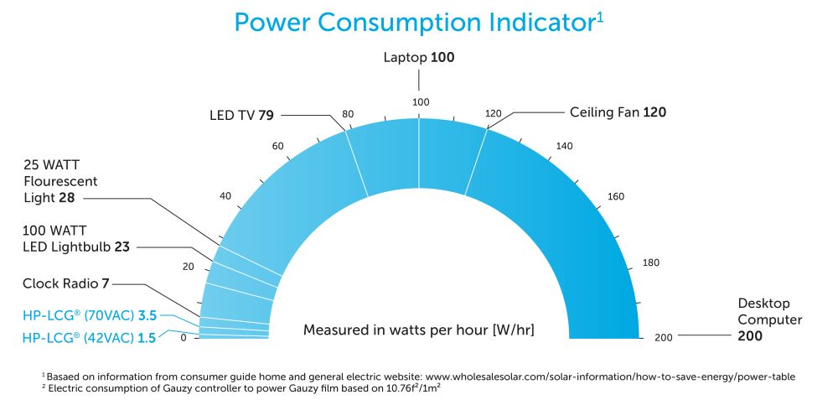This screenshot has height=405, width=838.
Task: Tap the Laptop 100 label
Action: [x=419, y=58]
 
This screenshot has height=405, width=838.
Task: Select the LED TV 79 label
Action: [x=241, y=115]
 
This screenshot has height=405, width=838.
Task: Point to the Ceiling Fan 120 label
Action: [x=618, y=112]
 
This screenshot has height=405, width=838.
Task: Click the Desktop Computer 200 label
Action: [x=769, y=319]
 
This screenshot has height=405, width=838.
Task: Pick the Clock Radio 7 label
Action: [x=66, y=283]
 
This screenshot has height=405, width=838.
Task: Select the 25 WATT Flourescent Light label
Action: [x=61, y=181]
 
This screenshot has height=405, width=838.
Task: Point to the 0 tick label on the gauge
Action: [x=184, y=338]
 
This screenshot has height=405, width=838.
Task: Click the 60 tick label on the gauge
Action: [x=278, y=147]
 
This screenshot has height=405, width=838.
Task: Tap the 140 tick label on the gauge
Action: [x=564, y=147]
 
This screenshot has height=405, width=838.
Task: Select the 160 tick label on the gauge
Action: [x=616, y=197]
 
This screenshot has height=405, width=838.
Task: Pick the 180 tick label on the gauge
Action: [x=650, y=263]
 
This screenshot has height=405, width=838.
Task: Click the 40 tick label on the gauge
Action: [x=225, y=196]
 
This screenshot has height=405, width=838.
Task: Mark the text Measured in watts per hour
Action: [x=418, y=330]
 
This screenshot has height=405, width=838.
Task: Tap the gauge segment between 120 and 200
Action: [x=570, y=218]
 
